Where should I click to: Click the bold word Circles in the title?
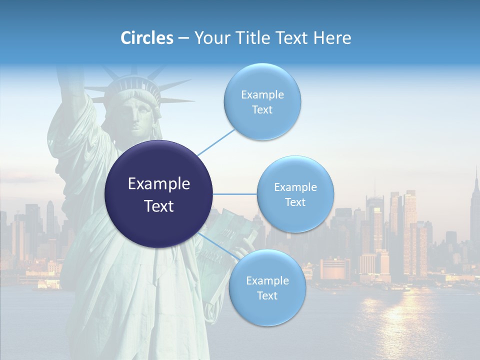coord(146,38)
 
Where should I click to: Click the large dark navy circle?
coord(159,194)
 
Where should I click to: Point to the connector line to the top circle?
coord(216,141)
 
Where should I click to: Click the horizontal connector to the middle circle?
coord(235,194)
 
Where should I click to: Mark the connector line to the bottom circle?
coord(217,247)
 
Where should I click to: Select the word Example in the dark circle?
coord(159,184)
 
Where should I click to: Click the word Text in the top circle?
coord(262,110)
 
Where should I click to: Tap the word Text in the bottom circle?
coord(267,296)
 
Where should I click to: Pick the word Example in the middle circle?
coord(295,187)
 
